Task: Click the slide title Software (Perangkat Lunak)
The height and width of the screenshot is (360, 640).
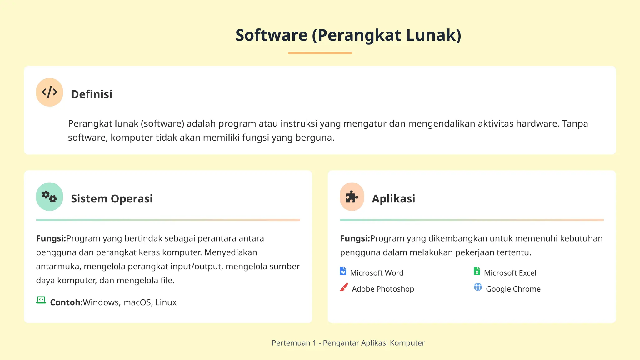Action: (348, 35)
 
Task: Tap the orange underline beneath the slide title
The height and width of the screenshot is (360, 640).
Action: (320, 53)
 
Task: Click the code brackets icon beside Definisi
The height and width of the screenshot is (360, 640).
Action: (49, 92)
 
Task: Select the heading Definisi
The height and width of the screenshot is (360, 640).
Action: (92, 94)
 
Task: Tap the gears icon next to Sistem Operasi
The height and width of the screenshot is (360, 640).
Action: (49, 197)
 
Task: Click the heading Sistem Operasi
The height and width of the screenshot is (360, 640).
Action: (112, 199)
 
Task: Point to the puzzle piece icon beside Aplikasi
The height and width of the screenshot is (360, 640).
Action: (352, 197)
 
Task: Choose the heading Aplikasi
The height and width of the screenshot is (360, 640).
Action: (393, 199)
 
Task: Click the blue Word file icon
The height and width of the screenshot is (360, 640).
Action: (343, 271)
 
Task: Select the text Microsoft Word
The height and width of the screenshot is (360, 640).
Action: (377, 273)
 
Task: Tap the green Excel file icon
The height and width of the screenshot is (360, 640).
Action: (477, 271)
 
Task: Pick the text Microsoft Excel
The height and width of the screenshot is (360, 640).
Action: (510, 273)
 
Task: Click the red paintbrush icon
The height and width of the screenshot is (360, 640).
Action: (344, 287)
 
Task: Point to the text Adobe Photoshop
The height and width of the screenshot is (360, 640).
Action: (383, 289)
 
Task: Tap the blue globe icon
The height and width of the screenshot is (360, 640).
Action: (478, 287)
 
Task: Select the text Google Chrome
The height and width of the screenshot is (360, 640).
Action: (513, 289)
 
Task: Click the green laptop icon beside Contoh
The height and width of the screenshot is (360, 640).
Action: (41, 300)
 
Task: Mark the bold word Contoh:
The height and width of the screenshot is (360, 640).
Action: (66, 302)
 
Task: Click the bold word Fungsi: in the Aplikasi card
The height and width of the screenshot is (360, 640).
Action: (355, 239)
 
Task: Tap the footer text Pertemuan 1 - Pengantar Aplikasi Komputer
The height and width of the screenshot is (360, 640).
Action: (348, 343)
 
